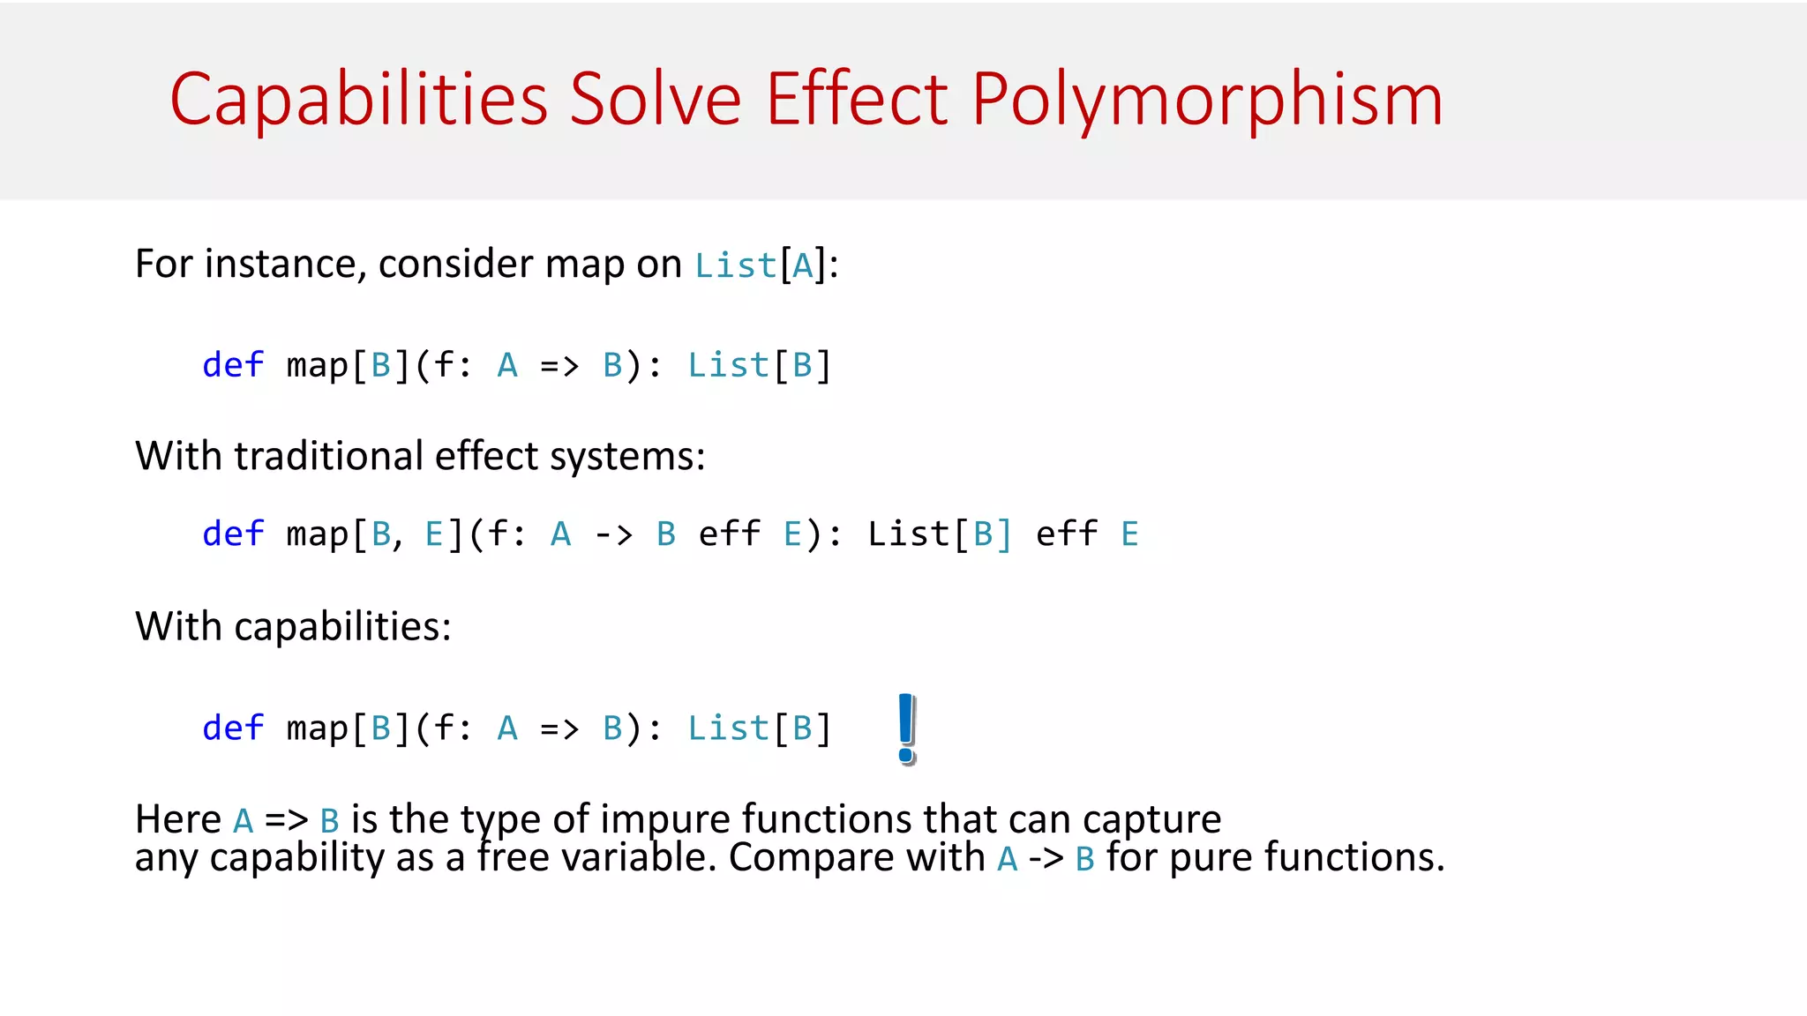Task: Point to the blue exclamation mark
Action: point(906,728)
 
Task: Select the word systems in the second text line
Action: point(626,457)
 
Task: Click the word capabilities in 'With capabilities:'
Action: point(341,626)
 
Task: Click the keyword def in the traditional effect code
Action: point(233,534)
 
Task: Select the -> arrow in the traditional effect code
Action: point(613,534)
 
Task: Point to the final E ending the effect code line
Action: point(1129,534)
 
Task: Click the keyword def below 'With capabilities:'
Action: point(233,728)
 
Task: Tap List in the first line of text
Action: point(735,265)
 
